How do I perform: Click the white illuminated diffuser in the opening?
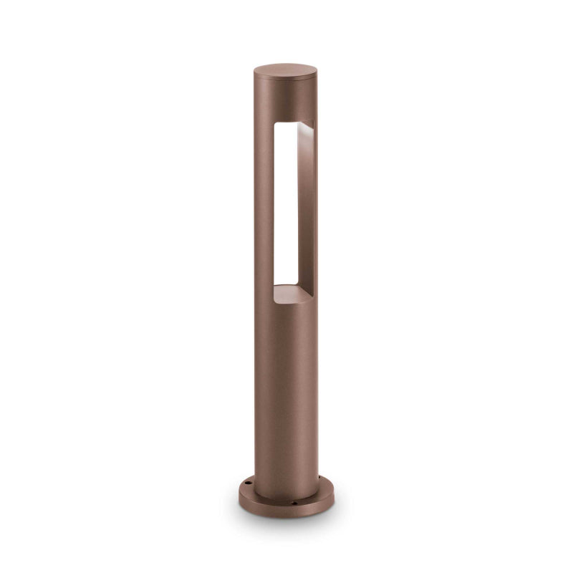(285, 208)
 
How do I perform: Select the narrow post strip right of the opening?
(314, 215)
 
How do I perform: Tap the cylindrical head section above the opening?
(285, 100)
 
